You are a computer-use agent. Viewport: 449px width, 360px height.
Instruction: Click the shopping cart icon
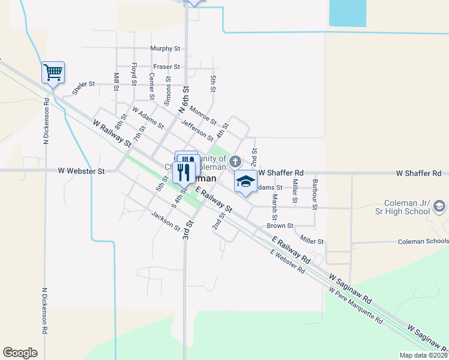pyautogui.click(x=53, y=73)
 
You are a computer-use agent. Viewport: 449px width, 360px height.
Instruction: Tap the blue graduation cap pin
pyautogui.click(x=246, y=181)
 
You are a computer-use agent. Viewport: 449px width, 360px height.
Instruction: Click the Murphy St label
pyautogui.click(x=166, y=48)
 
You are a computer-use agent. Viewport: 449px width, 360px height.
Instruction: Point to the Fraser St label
pyautogui.click(x=166, y=67)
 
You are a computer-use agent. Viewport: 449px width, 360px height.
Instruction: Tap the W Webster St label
pyautogui.click(x=81, y=170)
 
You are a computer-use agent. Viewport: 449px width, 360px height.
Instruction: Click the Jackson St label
pyautogui.click(x=166, y=221)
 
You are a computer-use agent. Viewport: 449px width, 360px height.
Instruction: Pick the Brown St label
pyautogui.click(x=280, y=226)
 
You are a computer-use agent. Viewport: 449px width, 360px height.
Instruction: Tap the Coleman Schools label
pyautogui.click(x=423, y=241)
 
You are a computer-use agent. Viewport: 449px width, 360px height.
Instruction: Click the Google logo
pyautogui.click(x=20, y=353)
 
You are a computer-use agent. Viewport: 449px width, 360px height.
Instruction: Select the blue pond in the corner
pyautogui.click(x=348, y=13)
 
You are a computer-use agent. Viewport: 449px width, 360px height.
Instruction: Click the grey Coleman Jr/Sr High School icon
pyautogui.click(x=439, y=206)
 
